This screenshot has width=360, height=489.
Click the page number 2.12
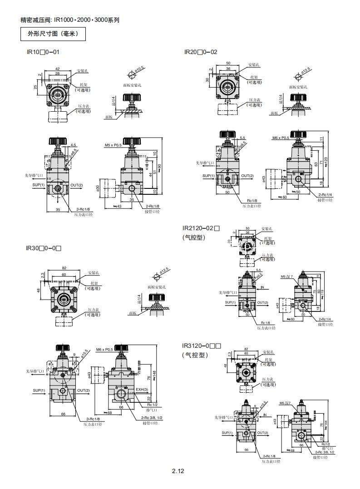click(x=178, y=471)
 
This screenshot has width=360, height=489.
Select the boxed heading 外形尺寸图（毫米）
click(x=53, y=34)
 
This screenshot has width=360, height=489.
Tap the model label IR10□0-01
click(x=43, y=52)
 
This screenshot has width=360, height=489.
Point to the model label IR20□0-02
click(x=201, y=52)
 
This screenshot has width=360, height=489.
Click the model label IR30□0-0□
click(x=44, y=248)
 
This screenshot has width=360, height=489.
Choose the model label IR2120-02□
click(x=201, y=228)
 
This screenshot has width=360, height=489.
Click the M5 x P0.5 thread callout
click(x=114, y=145)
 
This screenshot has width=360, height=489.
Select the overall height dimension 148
click(x=154, y=373)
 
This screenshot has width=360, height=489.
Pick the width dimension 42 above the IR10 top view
click(x=57, y=68)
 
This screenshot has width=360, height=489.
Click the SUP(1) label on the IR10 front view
click(x=39, y=185)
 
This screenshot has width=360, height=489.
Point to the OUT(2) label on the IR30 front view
click(x=83, y=390)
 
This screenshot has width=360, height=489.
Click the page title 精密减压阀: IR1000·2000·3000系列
click(x=70, y=20)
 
